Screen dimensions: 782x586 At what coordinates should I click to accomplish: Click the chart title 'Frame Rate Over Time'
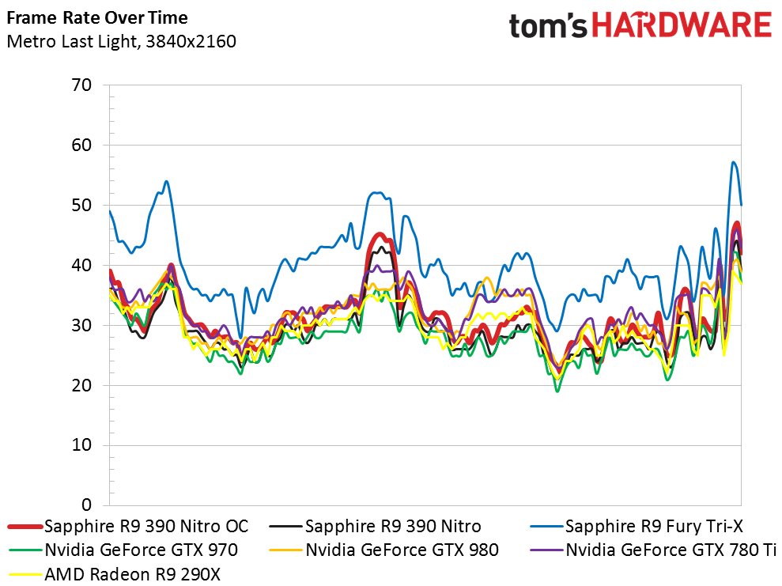point(97,18)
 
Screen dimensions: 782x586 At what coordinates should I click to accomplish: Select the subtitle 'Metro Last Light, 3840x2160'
point(121,41)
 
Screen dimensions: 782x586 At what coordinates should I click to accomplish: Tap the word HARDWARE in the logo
point(682,25)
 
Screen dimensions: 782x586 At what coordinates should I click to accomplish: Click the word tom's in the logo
point(548,26)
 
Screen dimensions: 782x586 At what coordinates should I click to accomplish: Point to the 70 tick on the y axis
point(81,85)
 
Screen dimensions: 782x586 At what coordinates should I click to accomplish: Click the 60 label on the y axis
point(81,146)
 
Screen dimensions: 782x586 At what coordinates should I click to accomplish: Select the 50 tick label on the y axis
point(81,205)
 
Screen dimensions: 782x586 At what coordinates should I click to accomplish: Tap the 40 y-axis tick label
point(81,265)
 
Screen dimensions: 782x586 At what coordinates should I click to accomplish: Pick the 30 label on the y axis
point(81,325)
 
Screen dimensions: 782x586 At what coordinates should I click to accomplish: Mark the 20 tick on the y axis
point(81,385)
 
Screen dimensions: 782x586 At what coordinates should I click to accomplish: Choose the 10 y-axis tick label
point(81,445)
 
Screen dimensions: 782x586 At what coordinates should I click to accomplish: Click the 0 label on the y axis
point(87,505)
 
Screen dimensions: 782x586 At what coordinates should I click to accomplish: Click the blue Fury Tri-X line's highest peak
point(733,161)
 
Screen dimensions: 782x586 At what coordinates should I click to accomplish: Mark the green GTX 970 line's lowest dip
point(557,391)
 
